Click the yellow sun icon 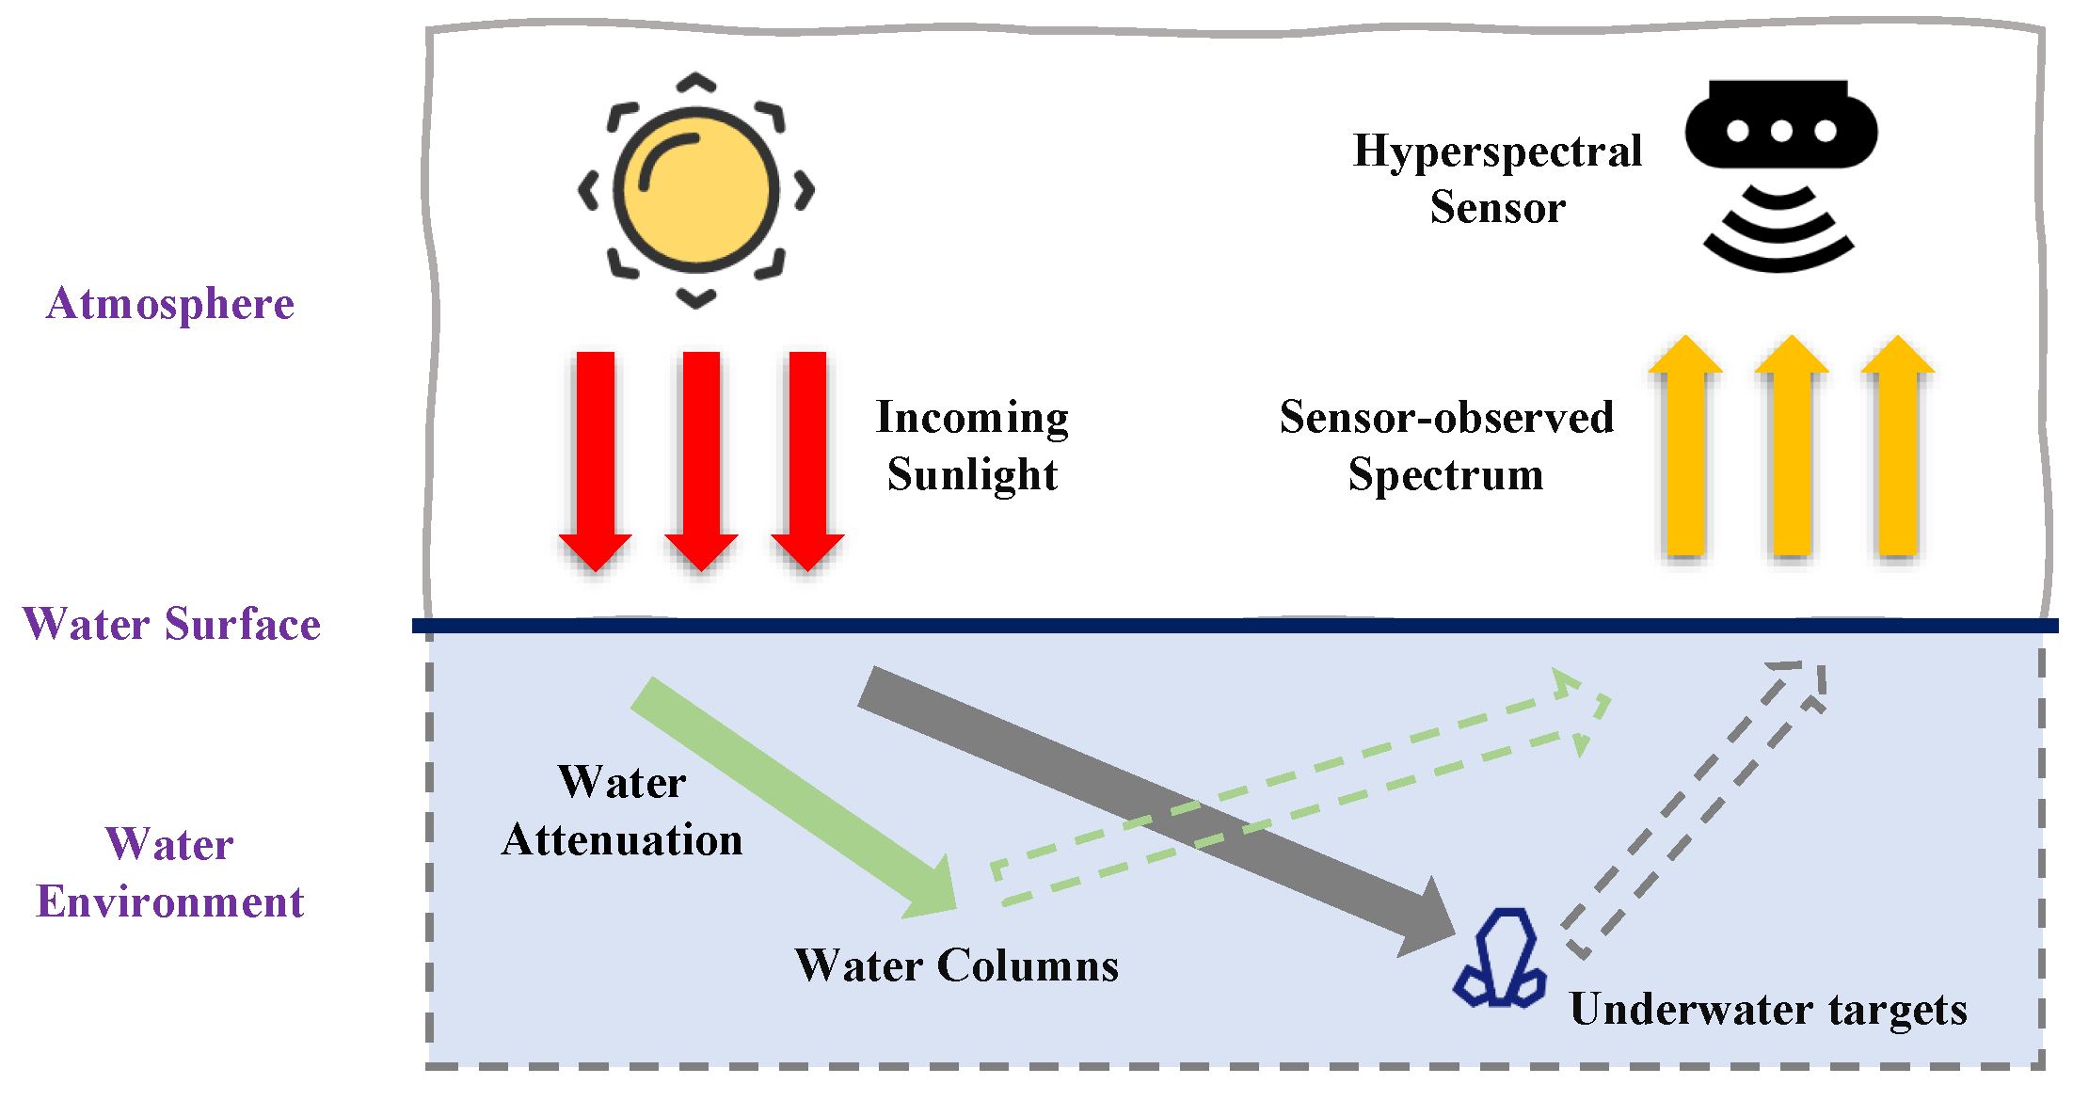(696, 190)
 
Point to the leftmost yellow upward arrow (1686, 452)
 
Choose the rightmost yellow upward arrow (1898, 452)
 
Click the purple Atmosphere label (170, 304)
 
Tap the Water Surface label (171, 625)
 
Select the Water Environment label (170, 873)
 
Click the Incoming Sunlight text (972, 445)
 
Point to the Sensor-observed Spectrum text (1446, 445)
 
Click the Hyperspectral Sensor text (1497, 179)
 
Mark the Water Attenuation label (622, 811)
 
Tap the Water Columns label (957, 965)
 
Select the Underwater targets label (1768, 1010)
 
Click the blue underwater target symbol (1501, 960)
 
